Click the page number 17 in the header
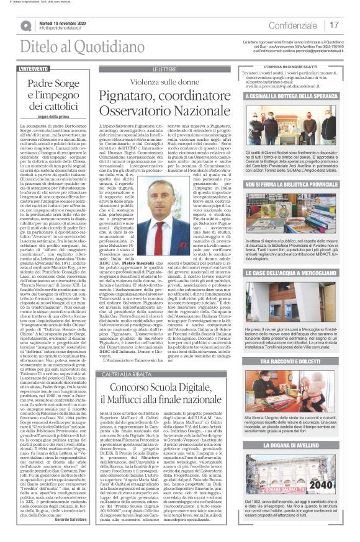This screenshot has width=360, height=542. (x=335, y=25)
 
